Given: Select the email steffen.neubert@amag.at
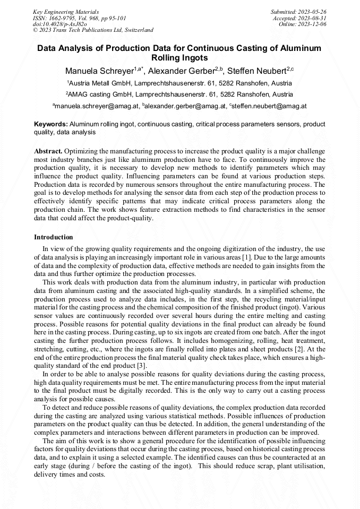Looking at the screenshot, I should click(x=270, y=106).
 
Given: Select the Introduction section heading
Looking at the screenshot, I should click(x=54, y=237).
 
